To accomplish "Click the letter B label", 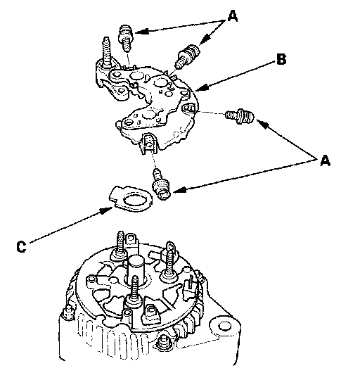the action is (x=281, y=59).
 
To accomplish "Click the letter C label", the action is (x=21, y=247).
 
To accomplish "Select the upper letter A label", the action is (x=233, y=16).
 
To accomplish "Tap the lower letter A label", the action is (x=325, y=160).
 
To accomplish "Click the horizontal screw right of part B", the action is (x=240, y=116).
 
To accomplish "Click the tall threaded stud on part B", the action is (x=106, y=52).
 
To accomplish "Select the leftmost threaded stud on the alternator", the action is (x=120, y=245).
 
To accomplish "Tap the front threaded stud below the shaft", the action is (x=134, y=291).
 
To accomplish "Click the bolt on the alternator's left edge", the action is (x=68, y=312).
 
